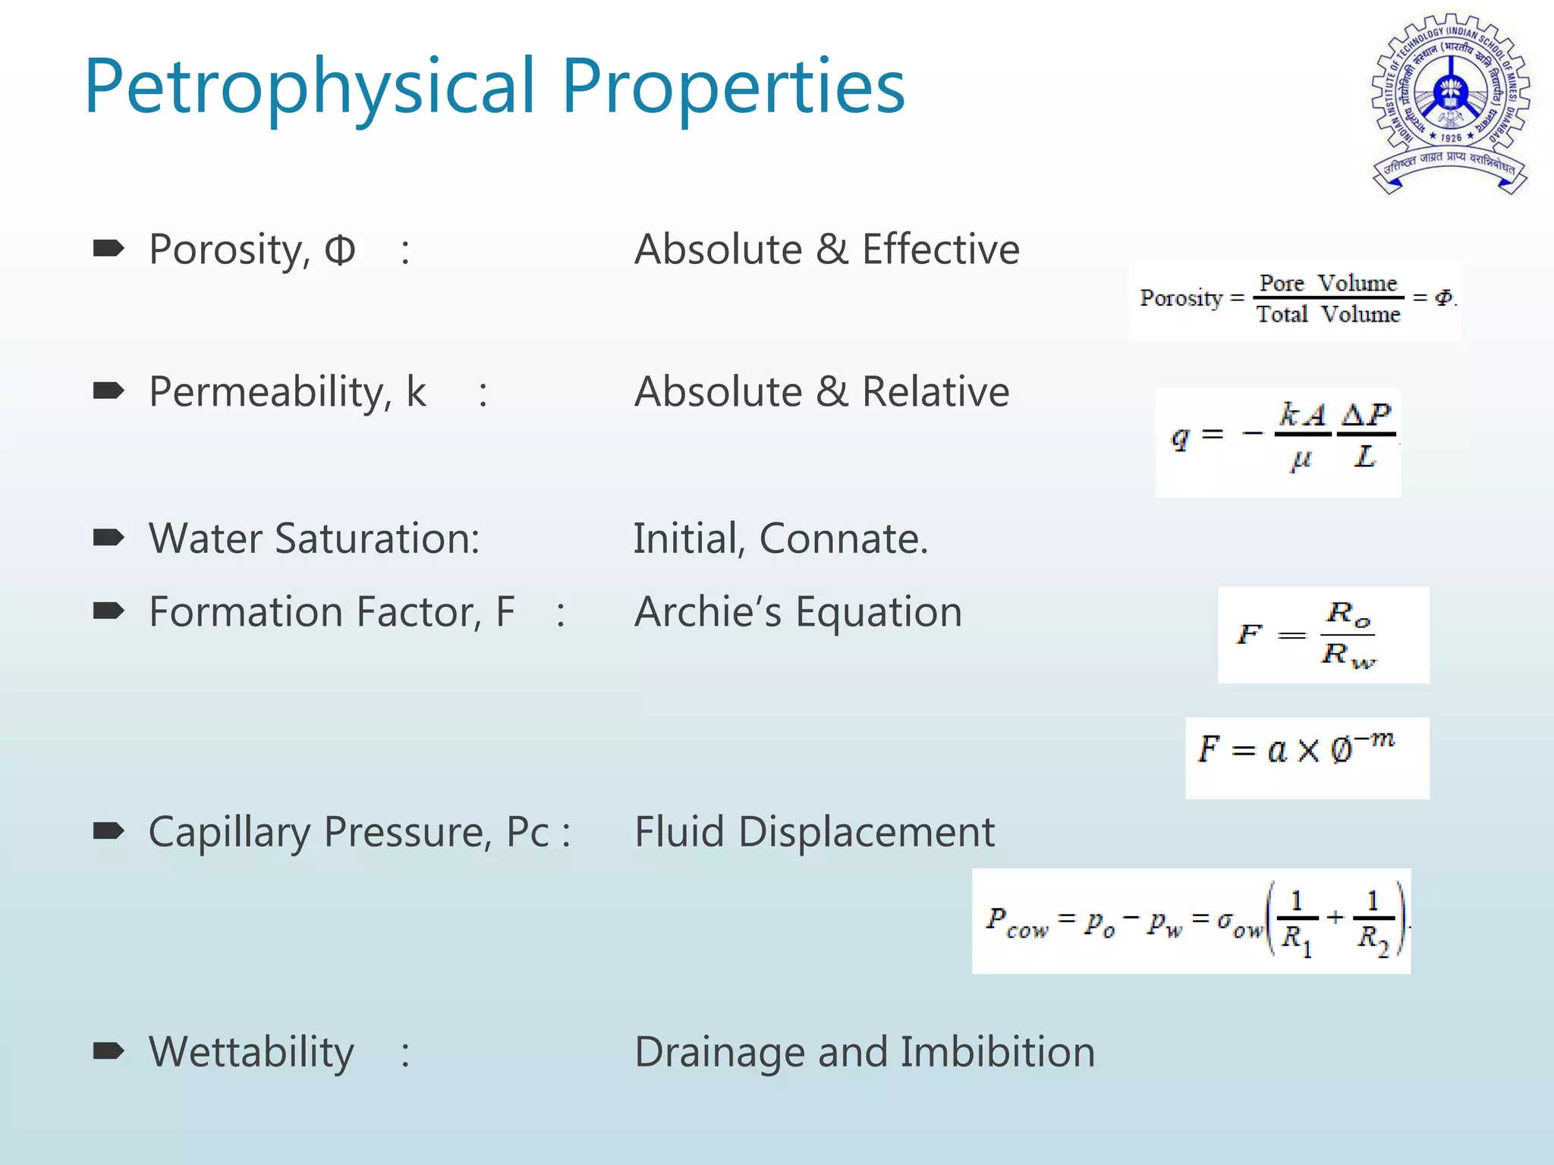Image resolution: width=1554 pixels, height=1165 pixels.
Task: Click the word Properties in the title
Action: coord(733,87)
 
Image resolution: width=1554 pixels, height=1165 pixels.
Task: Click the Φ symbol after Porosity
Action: coord(340,250)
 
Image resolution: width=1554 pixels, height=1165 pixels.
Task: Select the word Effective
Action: coord(940,250)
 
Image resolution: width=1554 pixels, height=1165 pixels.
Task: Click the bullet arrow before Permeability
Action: coord(109,391)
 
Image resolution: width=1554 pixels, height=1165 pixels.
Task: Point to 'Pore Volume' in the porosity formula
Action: coord(1328,284)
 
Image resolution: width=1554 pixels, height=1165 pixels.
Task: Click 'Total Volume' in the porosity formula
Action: coord(1328,314)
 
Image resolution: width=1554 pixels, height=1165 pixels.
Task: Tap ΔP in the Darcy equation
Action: coord(1366,414)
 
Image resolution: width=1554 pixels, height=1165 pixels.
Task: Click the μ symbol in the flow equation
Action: coord(1301,459)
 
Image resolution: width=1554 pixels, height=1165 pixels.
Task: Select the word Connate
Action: coord(843,539)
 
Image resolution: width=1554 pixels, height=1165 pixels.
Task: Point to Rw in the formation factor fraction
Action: coord(1348,655)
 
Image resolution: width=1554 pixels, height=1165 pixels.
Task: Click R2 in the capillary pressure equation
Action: coord(1373,938)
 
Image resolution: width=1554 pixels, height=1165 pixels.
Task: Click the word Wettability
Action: coord(251,1053)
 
